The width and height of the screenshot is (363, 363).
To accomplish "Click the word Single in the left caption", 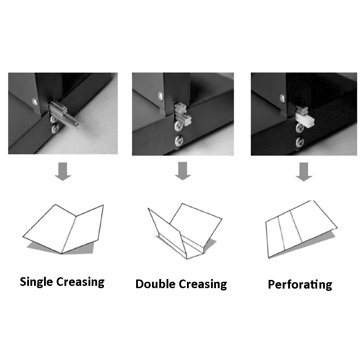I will (37, 282).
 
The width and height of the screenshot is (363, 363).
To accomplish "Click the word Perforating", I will (300, 285).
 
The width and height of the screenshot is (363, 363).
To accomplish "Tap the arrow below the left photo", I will (63, 172).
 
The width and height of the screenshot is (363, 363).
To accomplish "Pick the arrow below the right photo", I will (304, 172).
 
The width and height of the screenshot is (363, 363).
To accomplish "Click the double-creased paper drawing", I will (186, 229).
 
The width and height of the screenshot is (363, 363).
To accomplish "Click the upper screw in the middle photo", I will (160, 96).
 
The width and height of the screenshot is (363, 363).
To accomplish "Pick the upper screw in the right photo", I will (282, 98).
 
